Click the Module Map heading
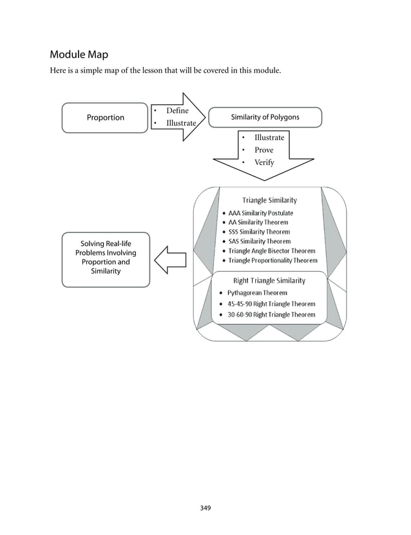(79, 55)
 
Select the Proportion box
(105, 118)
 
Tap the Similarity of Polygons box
(265, 117)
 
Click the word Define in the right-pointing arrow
(177, 111)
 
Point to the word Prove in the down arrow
(263, 150)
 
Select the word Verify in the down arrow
(264, 162)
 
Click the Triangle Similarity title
(269, 200)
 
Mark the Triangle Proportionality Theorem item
(272, 261)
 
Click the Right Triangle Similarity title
(269, 281)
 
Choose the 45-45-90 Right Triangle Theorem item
(271, 304)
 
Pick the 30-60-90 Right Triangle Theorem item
(271, 315)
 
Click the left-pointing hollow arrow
(171, 259)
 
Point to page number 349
(205, 508)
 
